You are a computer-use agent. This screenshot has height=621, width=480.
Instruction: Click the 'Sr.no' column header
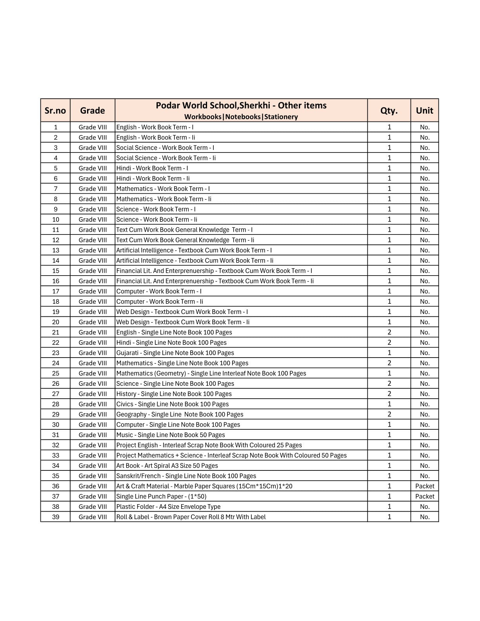click(55, 111)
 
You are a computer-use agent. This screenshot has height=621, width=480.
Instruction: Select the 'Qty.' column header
click(389, 111)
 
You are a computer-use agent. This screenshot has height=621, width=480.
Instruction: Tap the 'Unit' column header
click(424, 111)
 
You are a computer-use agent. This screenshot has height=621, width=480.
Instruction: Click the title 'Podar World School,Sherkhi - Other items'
click(241, 105)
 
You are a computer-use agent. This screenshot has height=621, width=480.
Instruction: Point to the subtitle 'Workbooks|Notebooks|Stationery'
click(241, 117)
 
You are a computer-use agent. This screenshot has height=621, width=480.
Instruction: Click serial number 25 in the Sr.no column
click(56, 373)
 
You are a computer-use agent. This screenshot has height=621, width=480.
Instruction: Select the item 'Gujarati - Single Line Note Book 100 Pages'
click(175, 353)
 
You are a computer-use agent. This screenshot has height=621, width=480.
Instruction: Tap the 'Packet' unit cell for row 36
click(425, 486)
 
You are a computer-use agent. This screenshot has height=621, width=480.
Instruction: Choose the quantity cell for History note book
click(389, 394)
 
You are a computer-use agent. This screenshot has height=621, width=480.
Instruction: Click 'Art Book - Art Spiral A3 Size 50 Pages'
click(167, 466)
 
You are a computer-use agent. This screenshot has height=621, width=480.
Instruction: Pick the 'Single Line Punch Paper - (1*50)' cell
click(161, 496)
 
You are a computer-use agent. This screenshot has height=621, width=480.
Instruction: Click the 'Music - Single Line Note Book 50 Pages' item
click(171, 435)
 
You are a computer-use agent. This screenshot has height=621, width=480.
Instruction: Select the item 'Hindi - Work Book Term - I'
click(152, 168)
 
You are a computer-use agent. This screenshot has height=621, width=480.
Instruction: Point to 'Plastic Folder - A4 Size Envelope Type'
click(168, 507)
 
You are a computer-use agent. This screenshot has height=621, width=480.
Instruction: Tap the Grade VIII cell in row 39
click(93, 517)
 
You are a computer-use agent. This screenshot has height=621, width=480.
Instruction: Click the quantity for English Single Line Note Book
click(389, 332)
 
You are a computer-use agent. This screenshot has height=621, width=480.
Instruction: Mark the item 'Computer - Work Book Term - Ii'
click(160, 301)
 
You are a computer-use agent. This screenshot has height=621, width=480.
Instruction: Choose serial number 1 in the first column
click(56, 127)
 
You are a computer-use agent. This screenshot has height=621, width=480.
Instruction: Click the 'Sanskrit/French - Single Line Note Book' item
click(186, 476)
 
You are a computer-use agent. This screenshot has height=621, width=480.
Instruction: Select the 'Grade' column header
click(93, 111)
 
